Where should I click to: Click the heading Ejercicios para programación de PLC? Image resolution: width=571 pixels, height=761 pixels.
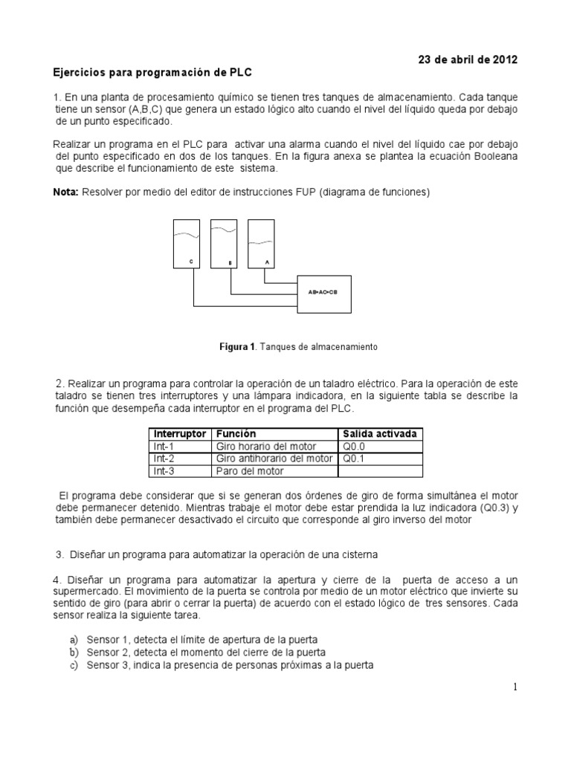point(153,73)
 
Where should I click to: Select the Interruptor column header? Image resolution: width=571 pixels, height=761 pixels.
point(179,433)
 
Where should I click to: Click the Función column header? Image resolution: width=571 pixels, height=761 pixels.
point(236,433)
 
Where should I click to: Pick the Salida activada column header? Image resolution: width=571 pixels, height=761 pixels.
point(378,433)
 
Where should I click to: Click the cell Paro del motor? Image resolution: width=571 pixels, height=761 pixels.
point(250,471)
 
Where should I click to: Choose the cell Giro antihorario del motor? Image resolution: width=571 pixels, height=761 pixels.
point(274,459)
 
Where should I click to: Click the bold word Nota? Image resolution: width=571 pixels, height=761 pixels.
point(66,192)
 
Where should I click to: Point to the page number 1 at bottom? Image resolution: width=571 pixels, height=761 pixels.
point(514,688)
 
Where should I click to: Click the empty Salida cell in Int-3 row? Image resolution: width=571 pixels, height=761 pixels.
point(381,471)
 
